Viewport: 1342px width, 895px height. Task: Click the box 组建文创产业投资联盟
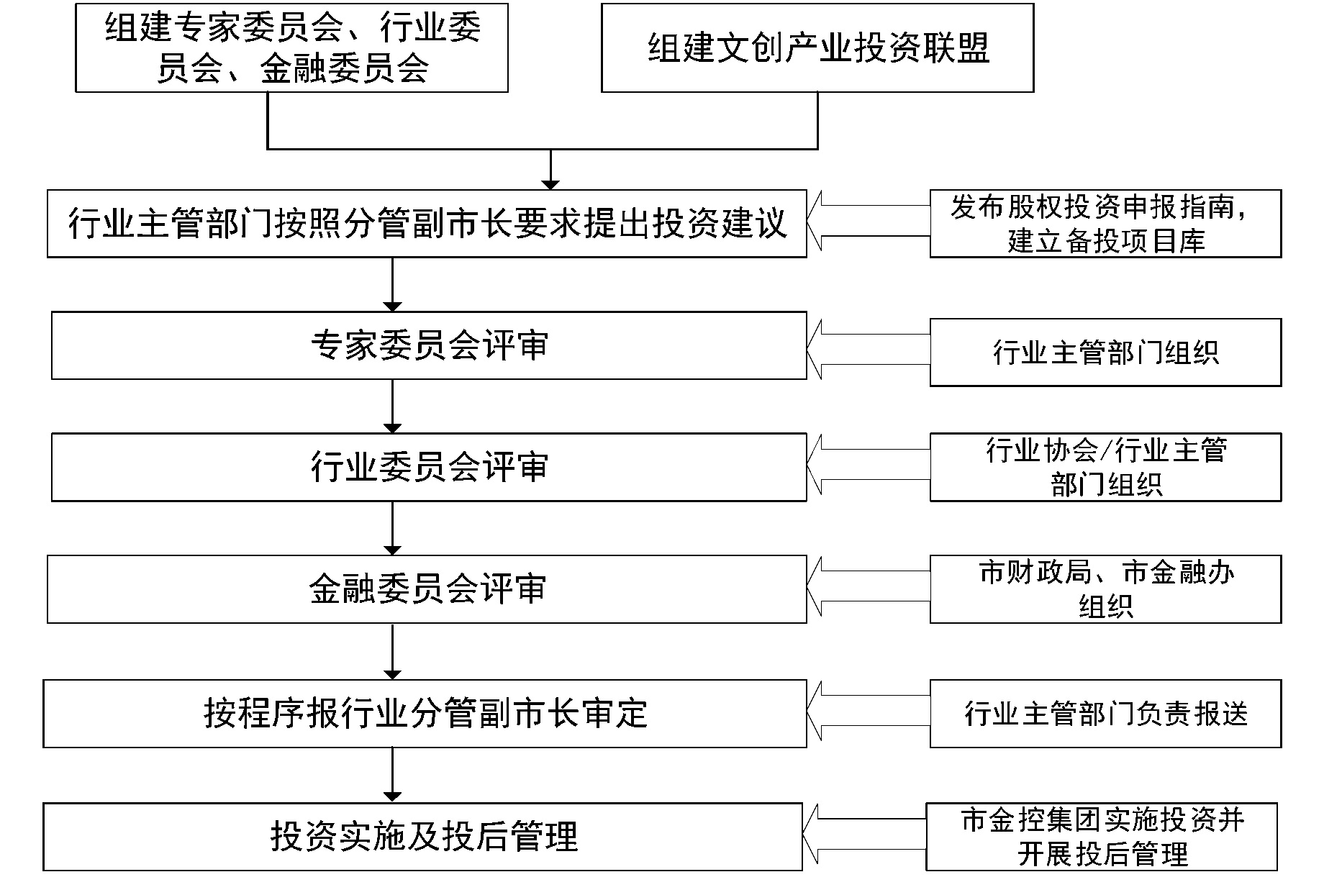[x=817, y=48]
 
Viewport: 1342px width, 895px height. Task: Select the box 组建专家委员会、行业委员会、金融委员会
[x=292, y=48]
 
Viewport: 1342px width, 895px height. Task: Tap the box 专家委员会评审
[x=429, y=345]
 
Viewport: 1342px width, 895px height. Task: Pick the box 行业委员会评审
[x=429, y=467]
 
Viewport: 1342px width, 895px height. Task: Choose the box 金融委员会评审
[x=427, y=589]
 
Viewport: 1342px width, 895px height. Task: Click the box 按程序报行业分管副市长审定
[x=425, y=714]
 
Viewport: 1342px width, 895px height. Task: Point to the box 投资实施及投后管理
[x=422, y=837]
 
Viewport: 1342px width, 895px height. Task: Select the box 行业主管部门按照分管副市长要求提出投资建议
[x=427, y=224]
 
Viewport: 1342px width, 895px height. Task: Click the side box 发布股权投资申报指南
[x=1106, y=224]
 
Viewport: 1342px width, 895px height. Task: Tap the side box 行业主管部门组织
[x=1106, y=353]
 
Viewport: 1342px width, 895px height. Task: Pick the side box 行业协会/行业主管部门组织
[x=1106, y=467]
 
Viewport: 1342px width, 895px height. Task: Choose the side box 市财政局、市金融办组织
[x=1106, y=589]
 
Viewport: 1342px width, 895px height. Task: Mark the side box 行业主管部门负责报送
[x=1106, y=714]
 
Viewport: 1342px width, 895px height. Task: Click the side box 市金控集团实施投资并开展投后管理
[x=1102, y=837]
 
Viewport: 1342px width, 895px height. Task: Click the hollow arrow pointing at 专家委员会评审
[x=869, y=350]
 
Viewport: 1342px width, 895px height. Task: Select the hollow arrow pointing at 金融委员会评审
[x=869, y=586]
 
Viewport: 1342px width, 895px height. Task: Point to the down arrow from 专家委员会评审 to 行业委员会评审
[x=392, y=406]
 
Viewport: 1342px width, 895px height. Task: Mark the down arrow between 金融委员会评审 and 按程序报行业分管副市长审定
[x=392, y=652]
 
